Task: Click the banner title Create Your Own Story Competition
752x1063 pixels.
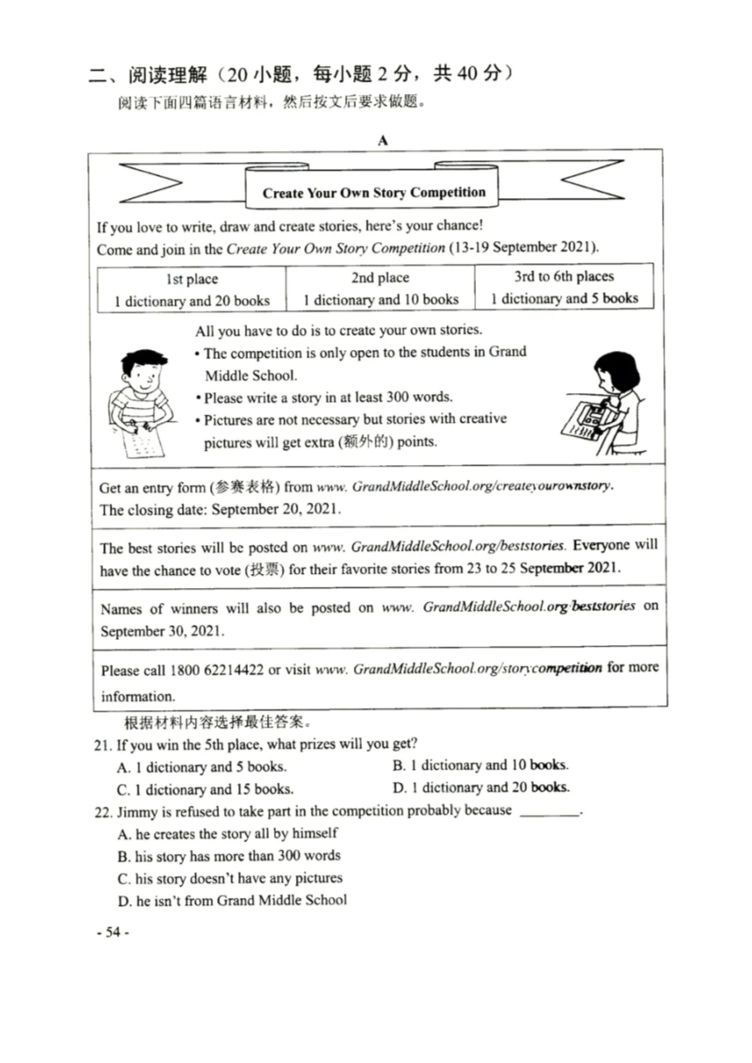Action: (374, 193)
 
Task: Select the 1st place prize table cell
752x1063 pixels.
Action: (192, 289)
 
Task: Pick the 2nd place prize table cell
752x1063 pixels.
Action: (380, 289)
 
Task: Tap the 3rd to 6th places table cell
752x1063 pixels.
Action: (564, 287)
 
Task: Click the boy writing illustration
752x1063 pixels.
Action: (141, 401)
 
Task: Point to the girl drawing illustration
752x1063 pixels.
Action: (607, 406)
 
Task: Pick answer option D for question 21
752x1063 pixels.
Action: (481, 787)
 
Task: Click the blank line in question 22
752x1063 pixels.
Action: (550, 813)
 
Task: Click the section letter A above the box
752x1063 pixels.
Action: (383, 140)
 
